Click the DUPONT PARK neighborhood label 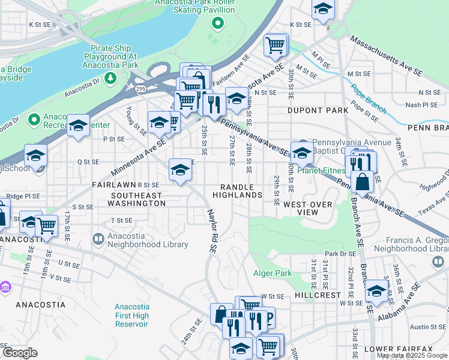pos(318,111)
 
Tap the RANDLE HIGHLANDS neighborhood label pos(241,191)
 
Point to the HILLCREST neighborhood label pos(318,296)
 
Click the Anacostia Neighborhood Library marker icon pos(98,239)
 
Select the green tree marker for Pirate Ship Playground pos(110,78)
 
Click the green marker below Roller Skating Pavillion pos(217,25)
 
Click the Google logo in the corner pos(20,353)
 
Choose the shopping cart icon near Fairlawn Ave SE pos(276,44)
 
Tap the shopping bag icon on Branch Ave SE pos(363,181)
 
